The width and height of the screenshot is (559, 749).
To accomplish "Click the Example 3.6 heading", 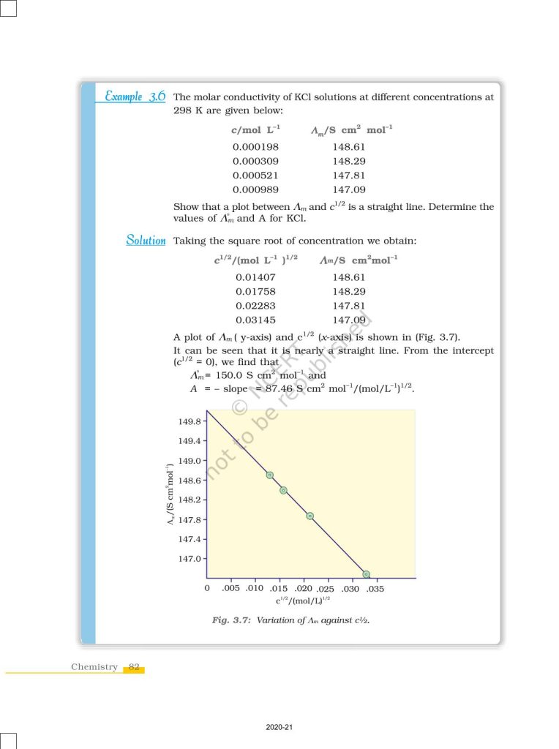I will click(x=135, y=97).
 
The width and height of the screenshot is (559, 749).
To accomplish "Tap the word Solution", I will click(x=146, y=241).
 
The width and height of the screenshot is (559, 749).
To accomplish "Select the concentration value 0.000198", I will click(x=255, y=146).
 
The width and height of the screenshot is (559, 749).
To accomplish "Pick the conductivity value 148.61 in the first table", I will click(x=349, y=146).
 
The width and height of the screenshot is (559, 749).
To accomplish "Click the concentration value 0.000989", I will click(x=255, y=190).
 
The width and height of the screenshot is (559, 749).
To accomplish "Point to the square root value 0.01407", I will click(x=256, y=277).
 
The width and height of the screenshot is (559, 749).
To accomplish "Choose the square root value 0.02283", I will click(x=256, y=306).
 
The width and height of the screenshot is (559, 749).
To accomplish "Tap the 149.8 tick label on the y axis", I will click(x=189, y=422).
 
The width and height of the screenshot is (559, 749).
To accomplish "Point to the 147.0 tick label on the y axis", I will click(x=189, y=559).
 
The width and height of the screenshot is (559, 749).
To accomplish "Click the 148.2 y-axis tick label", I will click(x=189, y=500).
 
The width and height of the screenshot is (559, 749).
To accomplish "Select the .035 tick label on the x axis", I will click(x=375, y=589).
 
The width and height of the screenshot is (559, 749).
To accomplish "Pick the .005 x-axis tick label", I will click(x=231, y=588).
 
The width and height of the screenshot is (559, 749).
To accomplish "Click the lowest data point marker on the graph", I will click(x=366, y=574).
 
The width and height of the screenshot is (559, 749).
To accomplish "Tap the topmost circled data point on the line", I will click(x=270, y=475).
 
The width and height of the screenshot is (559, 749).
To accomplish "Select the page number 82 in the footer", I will click(x=134, y=667).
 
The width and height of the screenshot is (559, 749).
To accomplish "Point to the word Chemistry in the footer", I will click(x=94, y=667).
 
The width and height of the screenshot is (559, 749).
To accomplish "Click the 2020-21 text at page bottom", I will click(x=279, y=728).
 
